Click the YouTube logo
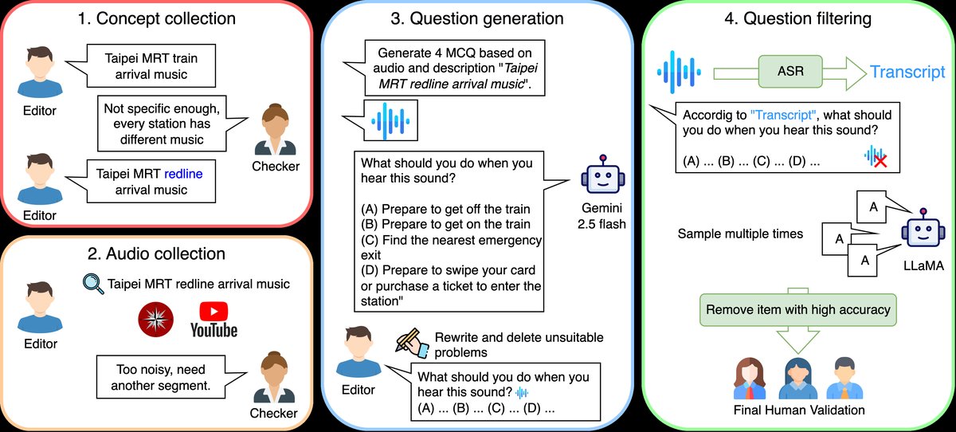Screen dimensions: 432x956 click(213, 318)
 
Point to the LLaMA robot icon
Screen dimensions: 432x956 click(923, 235)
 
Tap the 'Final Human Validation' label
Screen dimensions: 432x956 click(799, 410)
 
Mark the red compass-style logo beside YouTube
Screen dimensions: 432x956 click(155, 318)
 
